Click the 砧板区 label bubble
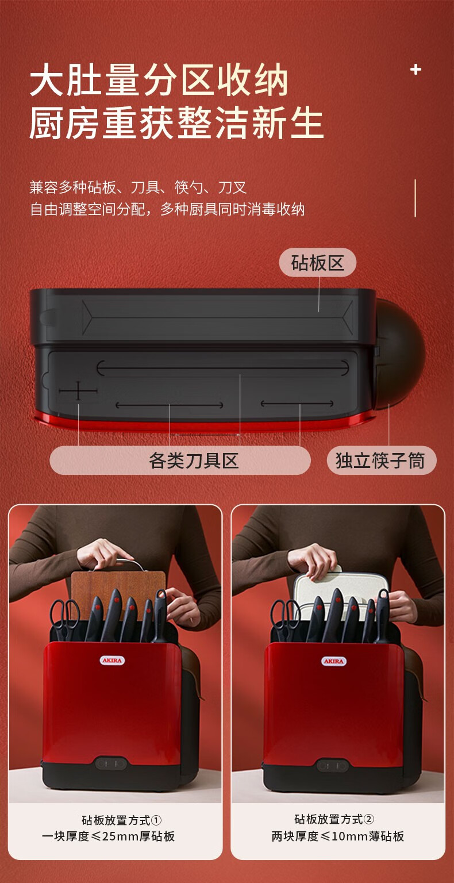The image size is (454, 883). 318,263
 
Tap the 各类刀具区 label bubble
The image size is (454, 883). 180,460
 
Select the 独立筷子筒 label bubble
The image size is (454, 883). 382,460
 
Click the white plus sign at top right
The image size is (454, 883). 415,70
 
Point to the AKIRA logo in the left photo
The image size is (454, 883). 112,661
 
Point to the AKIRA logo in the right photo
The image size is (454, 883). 334,661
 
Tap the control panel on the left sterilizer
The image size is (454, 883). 111,763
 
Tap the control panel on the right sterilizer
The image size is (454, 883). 332,765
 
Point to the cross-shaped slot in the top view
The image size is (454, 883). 78,391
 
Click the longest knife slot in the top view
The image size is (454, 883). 222,368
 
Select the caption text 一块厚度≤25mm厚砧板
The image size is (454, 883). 109,836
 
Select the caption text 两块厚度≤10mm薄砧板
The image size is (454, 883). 338,836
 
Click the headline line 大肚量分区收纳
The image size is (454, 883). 159,80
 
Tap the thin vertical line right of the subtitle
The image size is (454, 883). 415,198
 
